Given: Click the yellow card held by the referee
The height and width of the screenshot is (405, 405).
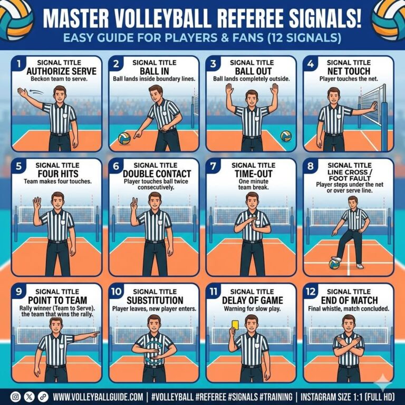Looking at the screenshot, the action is pos(235,325).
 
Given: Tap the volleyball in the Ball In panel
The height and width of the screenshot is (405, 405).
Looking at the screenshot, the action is pos(124,139).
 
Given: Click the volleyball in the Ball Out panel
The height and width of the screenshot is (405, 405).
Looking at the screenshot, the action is pos(286,136).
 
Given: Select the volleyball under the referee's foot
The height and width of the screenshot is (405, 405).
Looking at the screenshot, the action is pos(334,264).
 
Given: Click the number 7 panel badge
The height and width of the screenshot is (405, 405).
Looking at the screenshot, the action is pos(213,166).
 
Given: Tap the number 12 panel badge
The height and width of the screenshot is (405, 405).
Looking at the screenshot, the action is pos(311,292).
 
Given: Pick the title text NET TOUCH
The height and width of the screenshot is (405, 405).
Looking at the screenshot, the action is pos(349,71).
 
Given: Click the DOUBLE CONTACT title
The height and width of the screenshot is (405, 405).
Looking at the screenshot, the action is pos(157,173).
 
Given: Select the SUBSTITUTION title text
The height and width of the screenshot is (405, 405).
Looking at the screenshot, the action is pos(155,300).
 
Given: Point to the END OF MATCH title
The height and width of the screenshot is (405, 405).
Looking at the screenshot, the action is pos(349,300).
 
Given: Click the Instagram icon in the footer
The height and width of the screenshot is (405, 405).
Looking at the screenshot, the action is pos(15,397).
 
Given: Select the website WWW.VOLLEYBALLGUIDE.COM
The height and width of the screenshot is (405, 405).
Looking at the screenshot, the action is pos(98,397).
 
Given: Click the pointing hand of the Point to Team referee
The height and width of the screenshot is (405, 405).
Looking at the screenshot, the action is pos(95,334).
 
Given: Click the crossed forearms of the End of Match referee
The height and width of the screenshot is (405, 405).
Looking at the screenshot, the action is pos(349,343).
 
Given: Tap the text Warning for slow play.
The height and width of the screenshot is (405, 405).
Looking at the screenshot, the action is pos(252,308).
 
